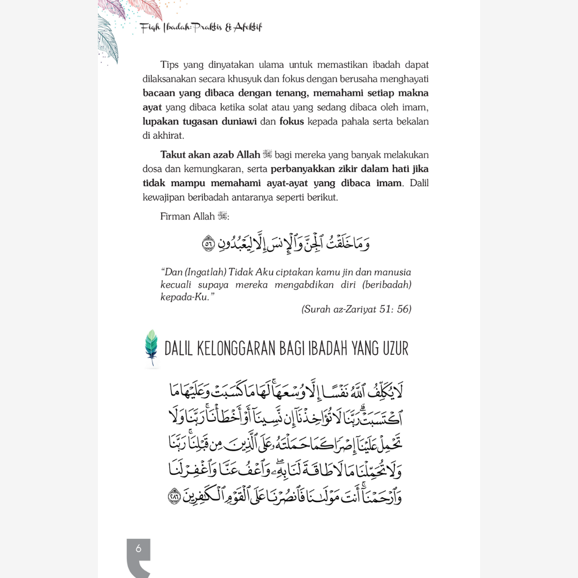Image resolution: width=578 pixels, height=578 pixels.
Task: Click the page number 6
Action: pos(139,548)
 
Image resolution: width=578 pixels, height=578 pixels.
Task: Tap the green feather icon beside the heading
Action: pos(152,347)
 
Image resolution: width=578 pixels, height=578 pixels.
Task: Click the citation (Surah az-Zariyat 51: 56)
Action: pos(356,309)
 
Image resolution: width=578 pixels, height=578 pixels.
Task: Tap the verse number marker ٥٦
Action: pos(208,244)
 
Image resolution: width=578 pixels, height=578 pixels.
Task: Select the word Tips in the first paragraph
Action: pos(170,65)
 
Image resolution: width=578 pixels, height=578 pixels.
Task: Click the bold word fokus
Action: pos(291,121)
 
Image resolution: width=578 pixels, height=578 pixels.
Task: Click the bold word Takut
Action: pos(173,155)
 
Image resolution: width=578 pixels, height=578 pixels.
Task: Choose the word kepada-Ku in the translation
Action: pos(184,297)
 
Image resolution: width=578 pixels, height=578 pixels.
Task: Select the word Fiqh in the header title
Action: pos(149,27)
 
